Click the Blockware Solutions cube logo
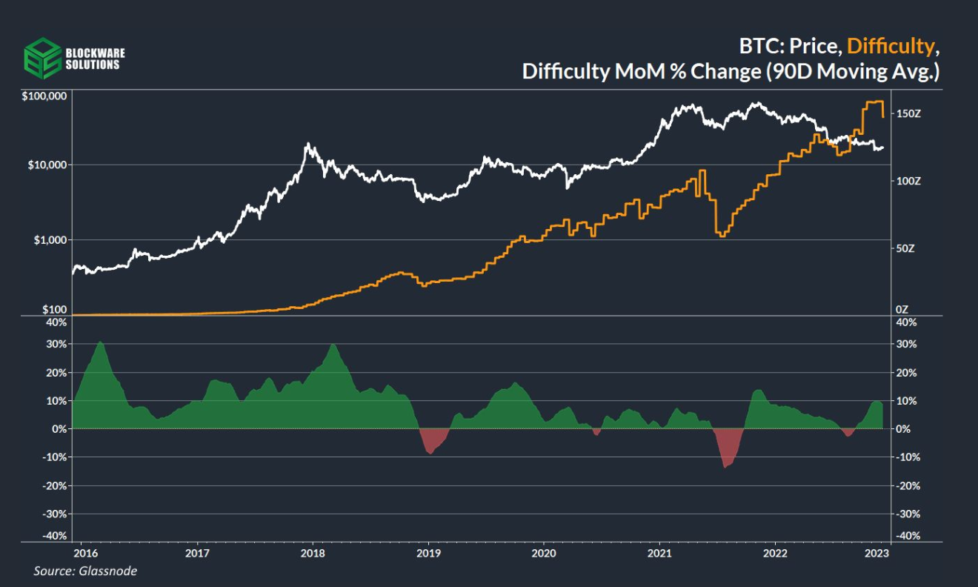(41, 58)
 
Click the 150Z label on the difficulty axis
(908, 113)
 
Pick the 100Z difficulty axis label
(908, 181)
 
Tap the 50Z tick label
(905, 248)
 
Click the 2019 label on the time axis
(428, 553)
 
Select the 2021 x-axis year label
(659, 553)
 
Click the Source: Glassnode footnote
(85, 571)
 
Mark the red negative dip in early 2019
(430, 442)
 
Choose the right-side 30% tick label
(906, 345)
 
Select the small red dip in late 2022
(848, 432)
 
